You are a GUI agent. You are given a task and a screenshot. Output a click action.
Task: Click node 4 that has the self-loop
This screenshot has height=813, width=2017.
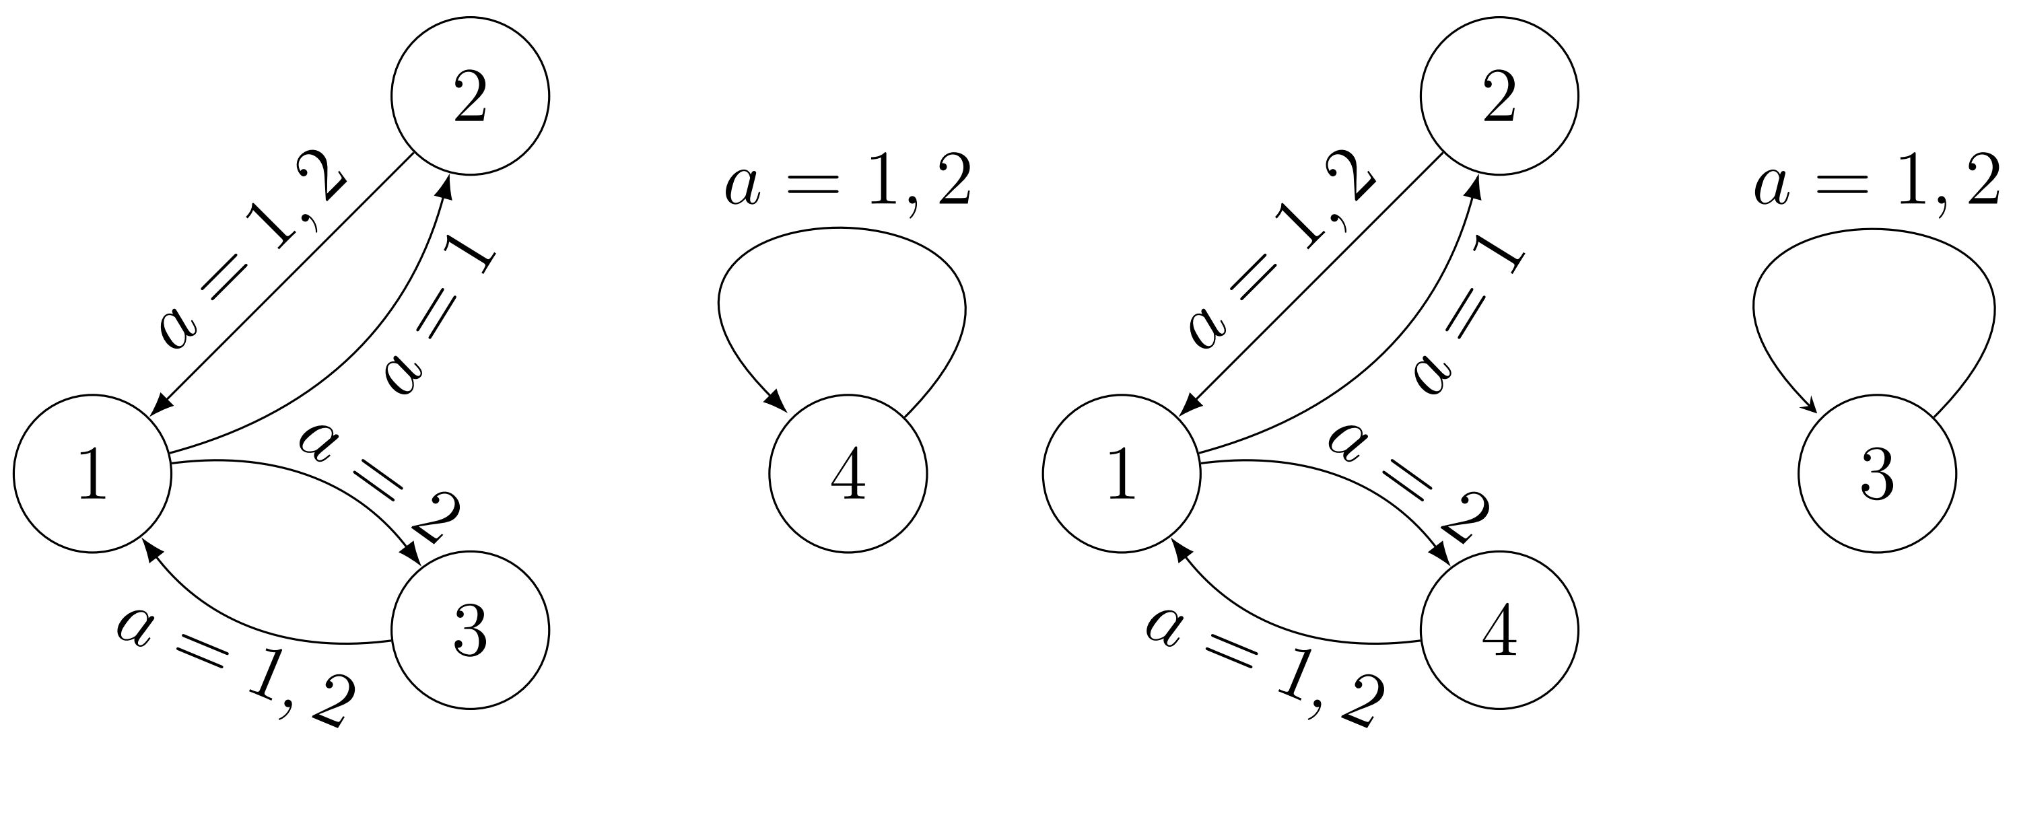click(848, 473)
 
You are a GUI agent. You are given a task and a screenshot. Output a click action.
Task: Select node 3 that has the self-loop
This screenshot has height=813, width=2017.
click(1877, 473)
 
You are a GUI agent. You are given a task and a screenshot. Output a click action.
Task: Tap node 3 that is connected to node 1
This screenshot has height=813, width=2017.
click(470, 630)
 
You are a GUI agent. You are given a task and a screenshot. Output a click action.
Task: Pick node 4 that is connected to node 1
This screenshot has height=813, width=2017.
click(1499, 630)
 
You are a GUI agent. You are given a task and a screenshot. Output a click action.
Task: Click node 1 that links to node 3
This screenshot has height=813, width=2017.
click(92, 473)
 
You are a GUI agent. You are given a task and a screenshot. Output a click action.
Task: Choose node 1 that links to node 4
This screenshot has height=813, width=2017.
click(1121, 473)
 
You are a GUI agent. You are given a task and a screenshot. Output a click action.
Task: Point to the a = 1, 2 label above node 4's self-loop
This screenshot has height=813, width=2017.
click(848, 184)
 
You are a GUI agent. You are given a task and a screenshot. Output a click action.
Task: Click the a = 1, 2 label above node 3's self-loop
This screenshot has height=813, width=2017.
click(1877, 184)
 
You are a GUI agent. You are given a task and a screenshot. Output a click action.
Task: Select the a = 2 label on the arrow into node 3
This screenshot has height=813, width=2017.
click(380, 485)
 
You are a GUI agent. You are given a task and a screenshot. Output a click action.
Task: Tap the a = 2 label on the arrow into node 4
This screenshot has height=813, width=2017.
click(1409, 485)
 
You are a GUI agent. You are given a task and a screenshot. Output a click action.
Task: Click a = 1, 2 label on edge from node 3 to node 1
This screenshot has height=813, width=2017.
click(235, 669)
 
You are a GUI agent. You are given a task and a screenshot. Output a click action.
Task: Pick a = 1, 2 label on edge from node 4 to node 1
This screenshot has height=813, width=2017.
click(1264, 669)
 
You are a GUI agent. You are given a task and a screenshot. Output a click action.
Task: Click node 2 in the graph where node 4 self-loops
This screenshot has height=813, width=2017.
click(470, 96)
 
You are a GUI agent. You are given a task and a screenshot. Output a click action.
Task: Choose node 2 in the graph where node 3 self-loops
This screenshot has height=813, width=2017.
click(1499, 96)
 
